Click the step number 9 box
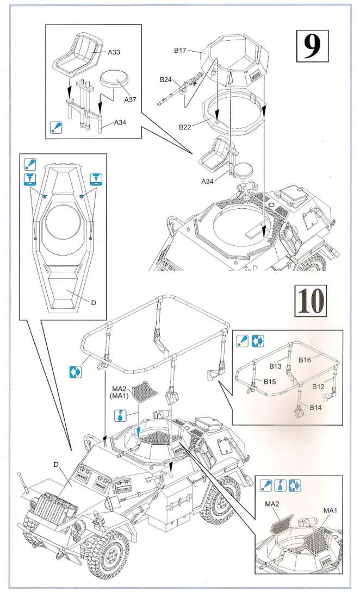pyautogui.click(x=312, y=47)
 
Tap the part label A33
pyautogui.click(x=114, y=52)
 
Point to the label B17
pyautogui.click(x=181, y=50)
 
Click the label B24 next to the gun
pyautogui.click(x=166, y=80)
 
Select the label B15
pyautogui.click(x=271, y=382)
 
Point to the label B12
pyautogui.click(x=318, y=387)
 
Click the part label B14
pyautogui.click(x=317, y=407)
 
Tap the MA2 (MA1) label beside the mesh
pyautogui.click(x=119, y=391)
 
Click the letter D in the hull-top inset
pyautogui.click(x=94, y=303)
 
